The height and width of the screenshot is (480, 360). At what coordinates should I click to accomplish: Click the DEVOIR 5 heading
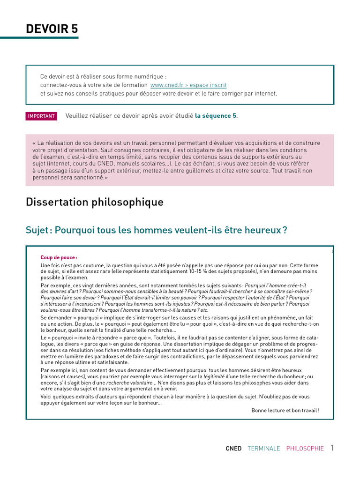pos(52,29)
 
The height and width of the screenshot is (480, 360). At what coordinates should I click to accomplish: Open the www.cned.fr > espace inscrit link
pos(188,85)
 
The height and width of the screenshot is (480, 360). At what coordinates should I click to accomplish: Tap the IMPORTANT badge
pos(41,116)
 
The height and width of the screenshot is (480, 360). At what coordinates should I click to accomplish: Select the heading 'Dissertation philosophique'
pos(95,202)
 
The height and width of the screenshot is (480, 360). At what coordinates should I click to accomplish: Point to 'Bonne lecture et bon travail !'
pos(285,410)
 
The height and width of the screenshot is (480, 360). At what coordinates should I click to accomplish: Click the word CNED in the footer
pos(233,449)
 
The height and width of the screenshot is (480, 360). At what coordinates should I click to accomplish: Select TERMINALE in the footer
pos(263,449)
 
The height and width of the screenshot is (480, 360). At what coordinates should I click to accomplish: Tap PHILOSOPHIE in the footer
pos(305,449)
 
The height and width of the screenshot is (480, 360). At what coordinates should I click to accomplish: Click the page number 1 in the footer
pos(332,448)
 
